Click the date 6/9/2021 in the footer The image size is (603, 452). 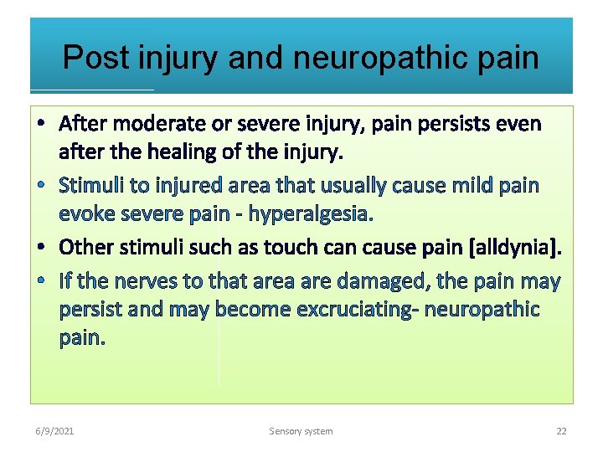point(55,431)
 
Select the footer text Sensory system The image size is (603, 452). point(301,431)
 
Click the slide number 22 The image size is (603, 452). point(561,431)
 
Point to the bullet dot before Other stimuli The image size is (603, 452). point(42,248)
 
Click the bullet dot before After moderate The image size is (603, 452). point(42,125)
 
